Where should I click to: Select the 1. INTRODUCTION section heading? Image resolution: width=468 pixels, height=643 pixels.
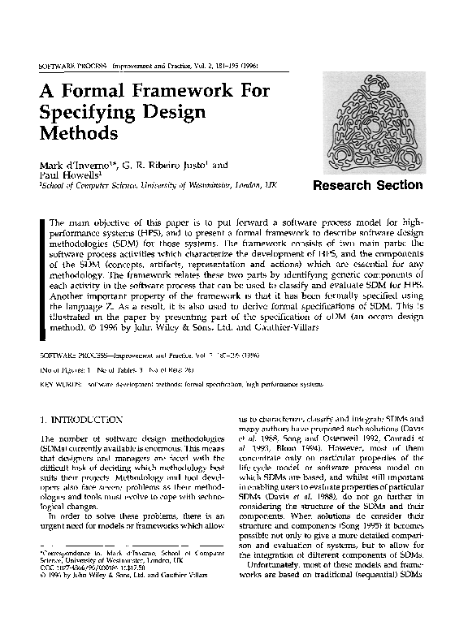click(81, 420)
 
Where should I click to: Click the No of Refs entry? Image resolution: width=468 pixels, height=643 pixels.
click(187, 369)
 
